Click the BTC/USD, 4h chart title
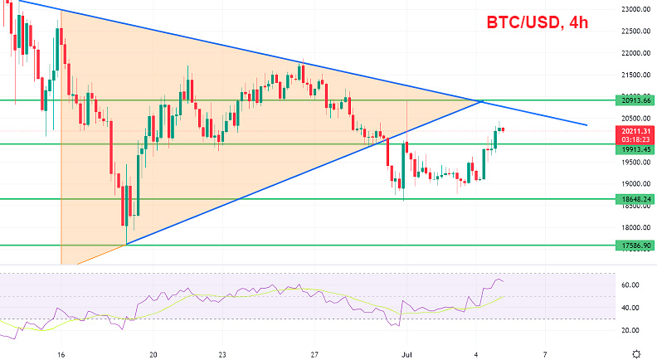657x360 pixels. tap(537, 23)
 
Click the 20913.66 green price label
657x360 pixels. tap(635, 100)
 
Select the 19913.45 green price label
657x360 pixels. tap(635, 150)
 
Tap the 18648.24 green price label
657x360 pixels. tap(635, 199)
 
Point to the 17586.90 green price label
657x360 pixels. tap(635, 246)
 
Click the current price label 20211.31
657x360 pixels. tap(635, 130)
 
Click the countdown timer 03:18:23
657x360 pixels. tap(635, 139)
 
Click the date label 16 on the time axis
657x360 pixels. tap(61, 353)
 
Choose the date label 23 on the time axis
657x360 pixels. tap(222, 353)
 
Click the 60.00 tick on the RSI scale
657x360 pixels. tap(630, 285)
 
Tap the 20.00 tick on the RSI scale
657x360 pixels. tap(630, 330)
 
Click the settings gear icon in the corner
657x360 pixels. tap(635, 353)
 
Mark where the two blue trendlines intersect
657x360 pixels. tap(481, 101)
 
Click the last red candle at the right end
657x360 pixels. tap(503, 129)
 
